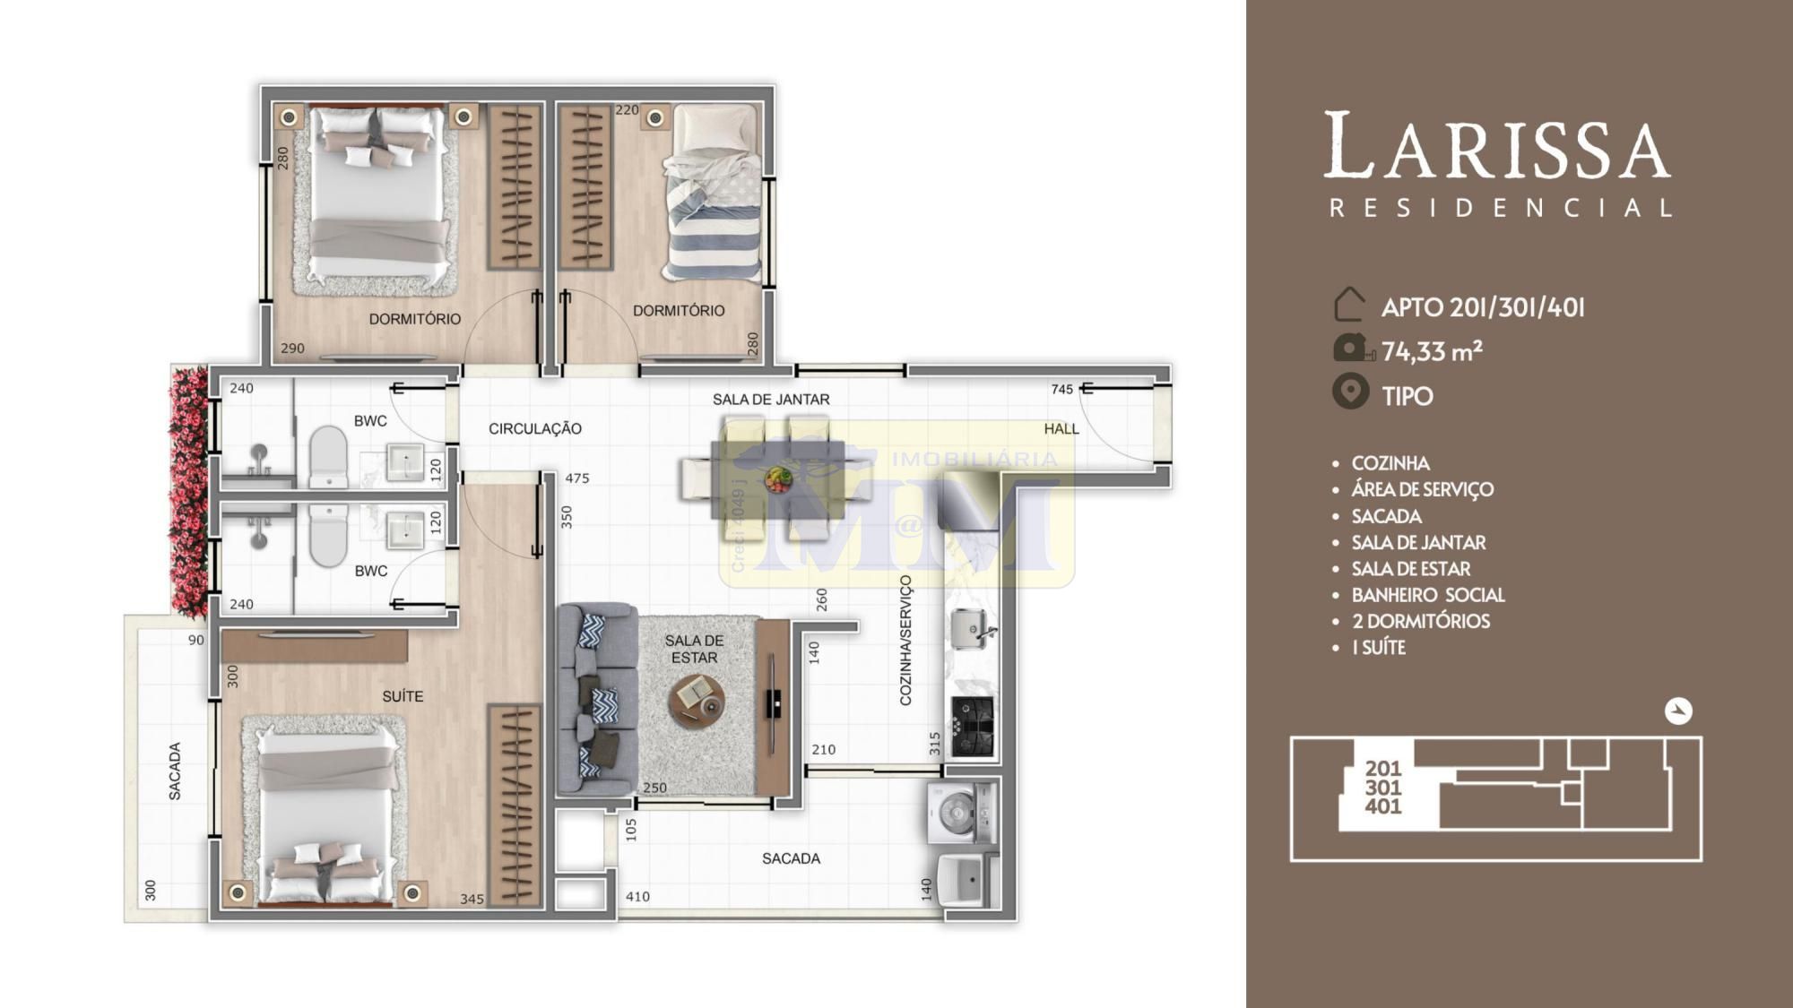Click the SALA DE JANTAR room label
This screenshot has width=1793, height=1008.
[771, 400]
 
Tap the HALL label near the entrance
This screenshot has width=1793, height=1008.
[1061, 429]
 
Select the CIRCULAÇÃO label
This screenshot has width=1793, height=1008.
[535, 429]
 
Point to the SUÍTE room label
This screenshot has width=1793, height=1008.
[403, 696]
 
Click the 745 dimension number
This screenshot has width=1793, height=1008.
[1061, 389]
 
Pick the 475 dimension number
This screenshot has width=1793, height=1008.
[577, 478]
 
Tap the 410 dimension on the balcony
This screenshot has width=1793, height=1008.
[637, 896]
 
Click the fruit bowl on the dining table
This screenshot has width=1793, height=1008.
[778, 479]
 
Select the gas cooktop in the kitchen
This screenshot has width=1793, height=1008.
[973, 726]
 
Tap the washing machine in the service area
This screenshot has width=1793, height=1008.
[961, 814]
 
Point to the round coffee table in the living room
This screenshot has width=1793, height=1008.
[697, 700]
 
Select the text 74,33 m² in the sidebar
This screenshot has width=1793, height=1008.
[1432, 351]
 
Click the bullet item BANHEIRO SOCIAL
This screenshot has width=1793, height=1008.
[1428, 595]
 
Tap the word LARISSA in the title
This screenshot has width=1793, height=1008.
[1497, 145]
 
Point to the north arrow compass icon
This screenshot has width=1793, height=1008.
[1678, 711]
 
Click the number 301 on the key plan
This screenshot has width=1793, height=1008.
[1383, 788]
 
